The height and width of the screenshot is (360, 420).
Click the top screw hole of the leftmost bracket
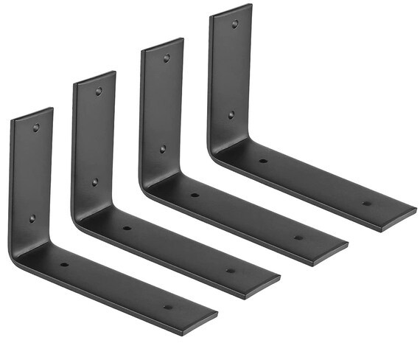(36, 128)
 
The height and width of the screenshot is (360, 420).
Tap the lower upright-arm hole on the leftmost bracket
(32, 218)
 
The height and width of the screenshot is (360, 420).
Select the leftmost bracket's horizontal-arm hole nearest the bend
(64, 264)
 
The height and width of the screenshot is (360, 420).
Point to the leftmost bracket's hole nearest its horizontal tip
(168, 307)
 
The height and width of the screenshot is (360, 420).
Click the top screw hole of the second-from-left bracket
(99, 91)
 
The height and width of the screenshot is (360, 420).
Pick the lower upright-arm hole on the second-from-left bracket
(95, 181)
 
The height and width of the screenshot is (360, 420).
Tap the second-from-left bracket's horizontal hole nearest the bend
(127, 228)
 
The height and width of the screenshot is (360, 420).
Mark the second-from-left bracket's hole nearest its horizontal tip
(231, 270)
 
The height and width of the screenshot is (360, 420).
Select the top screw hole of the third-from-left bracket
(167, 58)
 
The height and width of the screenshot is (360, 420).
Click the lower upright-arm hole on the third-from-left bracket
(163, 148)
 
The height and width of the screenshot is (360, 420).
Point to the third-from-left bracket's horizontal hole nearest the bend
(195, 195)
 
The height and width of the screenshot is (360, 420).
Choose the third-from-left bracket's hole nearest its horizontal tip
(298, 238)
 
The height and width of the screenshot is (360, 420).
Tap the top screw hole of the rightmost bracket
(234, 24)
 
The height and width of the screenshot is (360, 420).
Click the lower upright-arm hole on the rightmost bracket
(231, 114)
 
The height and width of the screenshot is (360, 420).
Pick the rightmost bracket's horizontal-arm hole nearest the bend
(262, 161)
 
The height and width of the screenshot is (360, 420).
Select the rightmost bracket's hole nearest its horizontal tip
(366, 203)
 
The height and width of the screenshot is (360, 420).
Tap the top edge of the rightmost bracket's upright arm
(231, 9)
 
